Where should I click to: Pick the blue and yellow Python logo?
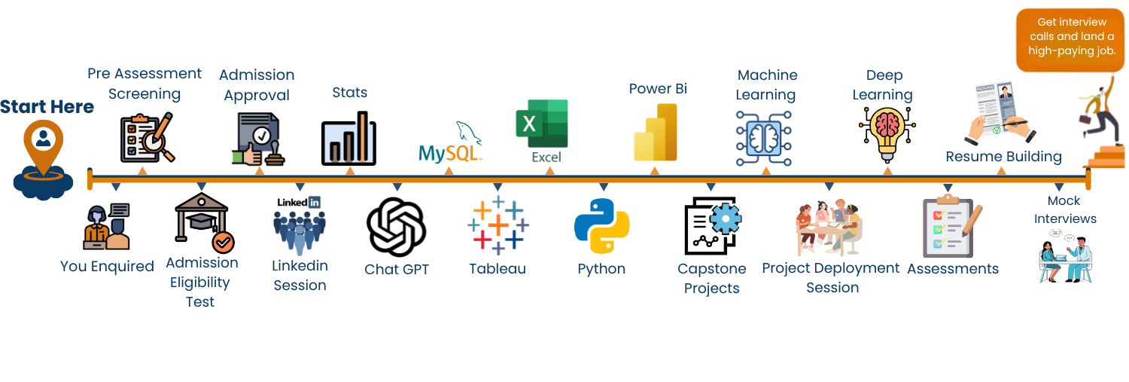(601, 225)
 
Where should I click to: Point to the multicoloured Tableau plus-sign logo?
(498, 225)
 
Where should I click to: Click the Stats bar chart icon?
(349, 139)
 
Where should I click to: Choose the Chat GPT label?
(397, 269)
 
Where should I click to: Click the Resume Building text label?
(1003, 157)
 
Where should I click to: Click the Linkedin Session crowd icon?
(300, 226)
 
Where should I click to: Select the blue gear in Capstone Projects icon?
(726, 218)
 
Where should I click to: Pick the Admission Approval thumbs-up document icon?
(256, 139)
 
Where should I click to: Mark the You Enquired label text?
(107, 266)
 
